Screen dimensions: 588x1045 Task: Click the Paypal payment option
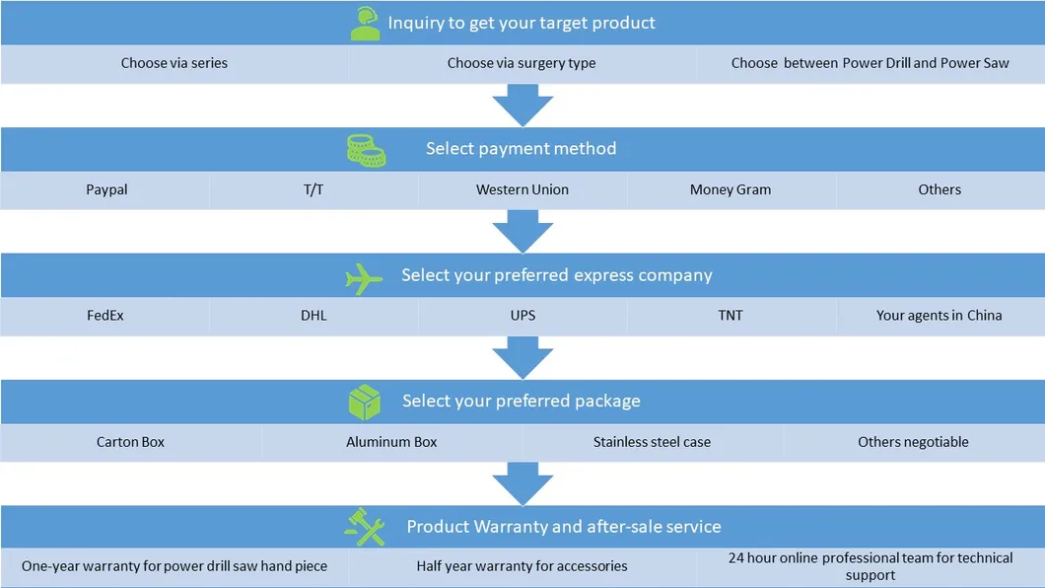pyautogui.click(x=106, y=189)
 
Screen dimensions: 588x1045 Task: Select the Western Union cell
pyautogui.click(x=522, y=189)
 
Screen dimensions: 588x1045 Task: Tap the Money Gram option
pyautogui.click(x=731, y=189)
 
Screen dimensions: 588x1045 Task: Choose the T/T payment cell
pyautogui.click(x=313, y=189)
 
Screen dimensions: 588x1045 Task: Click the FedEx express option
pyautogui.click(x=104, y=316)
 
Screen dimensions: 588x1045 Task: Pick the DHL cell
pyautogui.click(x=313, y=316)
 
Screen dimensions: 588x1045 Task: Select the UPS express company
pyautogui.click(x=522, y=316)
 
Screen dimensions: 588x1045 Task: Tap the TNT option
pyautogui.click(x=731, y=316)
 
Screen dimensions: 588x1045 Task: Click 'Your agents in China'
pyautogui.click(x=939, y=316)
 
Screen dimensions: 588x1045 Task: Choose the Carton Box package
pyautogui.click(x=130, y=442)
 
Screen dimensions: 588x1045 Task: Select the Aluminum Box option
pyautogui.click(x=391, y=442)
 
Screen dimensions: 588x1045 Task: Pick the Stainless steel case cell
pyautogui.click(x=652, y=442)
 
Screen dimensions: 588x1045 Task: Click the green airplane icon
pyautogui.click(x=364, y=278)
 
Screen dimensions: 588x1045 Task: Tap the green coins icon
pyautogui.click(x=366, y=150)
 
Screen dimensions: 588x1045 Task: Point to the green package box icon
pyautogui.click(x=365, y=402)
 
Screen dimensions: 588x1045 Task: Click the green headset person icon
pyautogui.click(x=365, y=24)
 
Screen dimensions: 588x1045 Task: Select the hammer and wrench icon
pyautogui.click(x=365, y=527)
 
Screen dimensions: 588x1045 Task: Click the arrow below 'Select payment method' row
pyautogui.click(x=522, y=231)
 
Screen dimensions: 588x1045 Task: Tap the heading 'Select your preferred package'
pyautogui.click(x=521, y=402)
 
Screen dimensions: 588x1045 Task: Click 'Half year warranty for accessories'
pyautogui.click(x=522, y=566)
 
